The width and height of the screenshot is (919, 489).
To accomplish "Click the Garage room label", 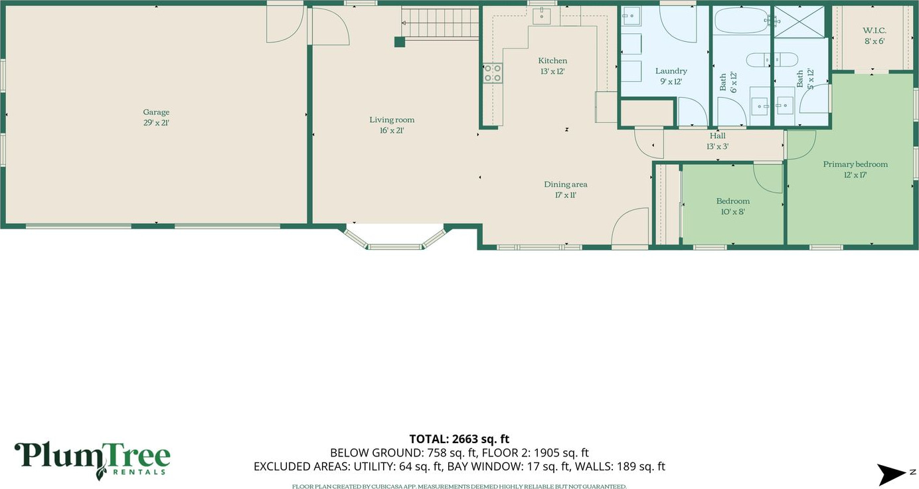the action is [x=156, y=112].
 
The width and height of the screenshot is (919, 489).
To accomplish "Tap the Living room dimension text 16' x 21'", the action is [x=392, y=131].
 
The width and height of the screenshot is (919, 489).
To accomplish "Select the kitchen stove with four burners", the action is [x=493, y=73].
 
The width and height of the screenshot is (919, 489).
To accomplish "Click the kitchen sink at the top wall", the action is [x=542, y=15].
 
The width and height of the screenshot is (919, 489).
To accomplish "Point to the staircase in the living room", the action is [x=440, y=23].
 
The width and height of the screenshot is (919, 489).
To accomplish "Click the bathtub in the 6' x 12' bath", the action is [x=741, y=21].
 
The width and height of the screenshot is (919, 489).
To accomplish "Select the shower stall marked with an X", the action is [x=799, y=22].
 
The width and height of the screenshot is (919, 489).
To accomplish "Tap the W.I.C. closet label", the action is [x=875, y=31].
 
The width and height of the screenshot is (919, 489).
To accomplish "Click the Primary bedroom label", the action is [x=855, y=164].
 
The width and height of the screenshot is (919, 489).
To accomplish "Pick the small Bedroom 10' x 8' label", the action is [x=732, y=201].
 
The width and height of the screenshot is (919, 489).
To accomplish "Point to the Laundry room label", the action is [x=671, y=71].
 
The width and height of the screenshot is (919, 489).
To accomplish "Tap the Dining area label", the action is [x=566, y=184].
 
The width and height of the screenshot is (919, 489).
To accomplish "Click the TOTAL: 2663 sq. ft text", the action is [x=459, y=439].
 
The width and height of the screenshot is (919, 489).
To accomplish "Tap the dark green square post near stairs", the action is [x=400, y=42].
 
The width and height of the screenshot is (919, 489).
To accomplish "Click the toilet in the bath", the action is [x=772, y=60].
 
